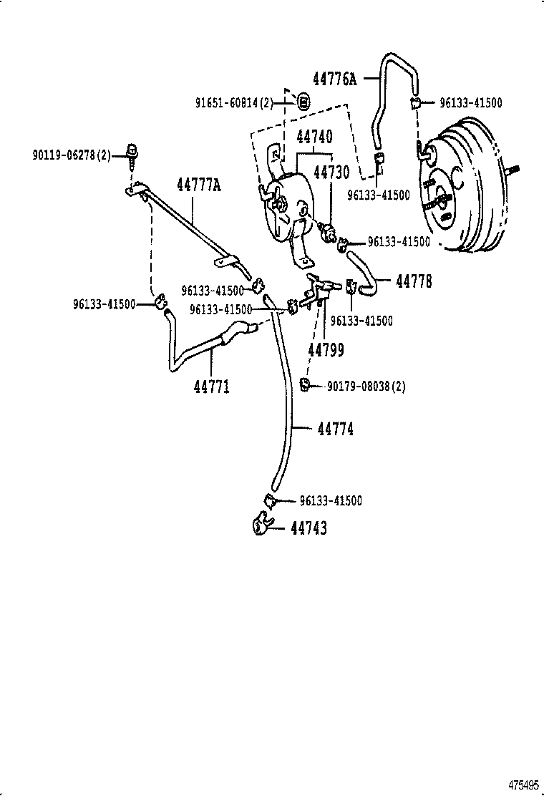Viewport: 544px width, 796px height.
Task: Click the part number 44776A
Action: pos(334,79)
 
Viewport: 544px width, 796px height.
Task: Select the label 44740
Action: pos(314,136)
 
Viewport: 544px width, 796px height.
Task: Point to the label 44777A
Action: pos(199,186)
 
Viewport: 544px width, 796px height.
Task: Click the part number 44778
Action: pos(414,281)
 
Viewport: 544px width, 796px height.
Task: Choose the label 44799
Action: pos(326,349)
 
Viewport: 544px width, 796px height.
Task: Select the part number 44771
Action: pos(211,387)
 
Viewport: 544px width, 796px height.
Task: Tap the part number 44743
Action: pos(309,528)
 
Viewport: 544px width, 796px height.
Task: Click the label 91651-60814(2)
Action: pos(234,103)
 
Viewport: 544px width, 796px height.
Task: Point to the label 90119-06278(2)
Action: pos(71,154)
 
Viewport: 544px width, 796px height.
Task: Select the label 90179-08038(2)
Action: pos(366,387)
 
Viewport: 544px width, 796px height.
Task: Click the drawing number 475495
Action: pos(524,786)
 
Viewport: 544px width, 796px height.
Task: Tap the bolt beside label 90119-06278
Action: pos(132,152)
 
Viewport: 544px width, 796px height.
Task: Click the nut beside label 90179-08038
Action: pos(304,386)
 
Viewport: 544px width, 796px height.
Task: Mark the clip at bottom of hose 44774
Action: pos(269,500)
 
